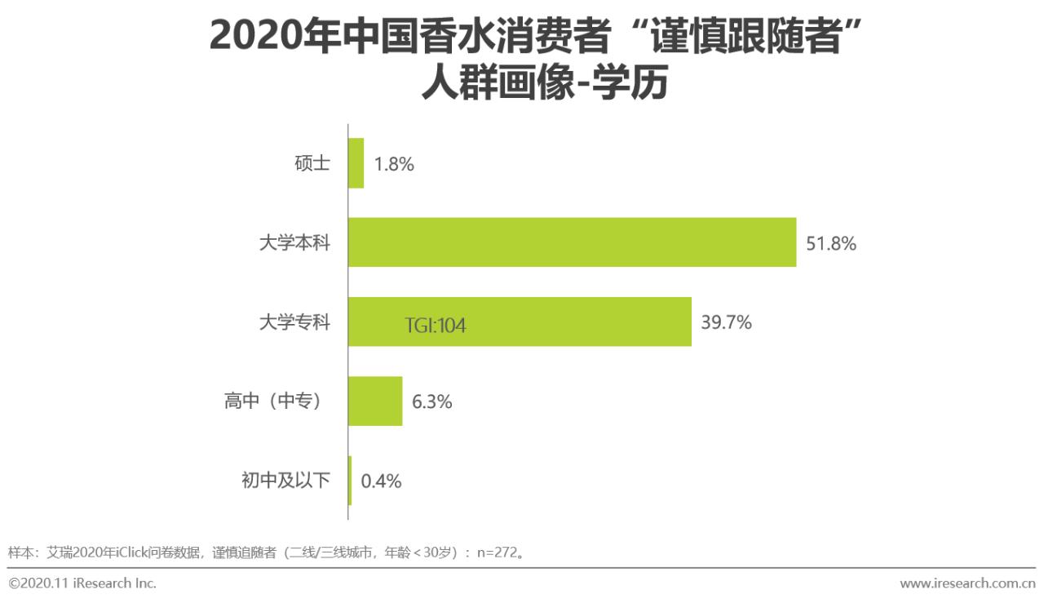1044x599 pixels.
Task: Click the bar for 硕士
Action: point(356,163)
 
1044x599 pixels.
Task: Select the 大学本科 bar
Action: point(572,242)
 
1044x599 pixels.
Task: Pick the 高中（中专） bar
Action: point(375,401)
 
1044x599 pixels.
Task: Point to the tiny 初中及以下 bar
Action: point(350,480)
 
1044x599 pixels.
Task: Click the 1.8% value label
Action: point(394,164)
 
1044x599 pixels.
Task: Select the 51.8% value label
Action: point(831,243)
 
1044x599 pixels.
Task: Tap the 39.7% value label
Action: point(726,322)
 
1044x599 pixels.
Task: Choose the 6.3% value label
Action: point(431,402)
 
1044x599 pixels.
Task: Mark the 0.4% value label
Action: point(381,481)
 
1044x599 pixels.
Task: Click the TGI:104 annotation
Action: point(436,326)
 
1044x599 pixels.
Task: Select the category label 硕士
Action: point(312,163)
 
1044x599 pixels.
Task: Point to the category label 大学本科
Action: point(294,242)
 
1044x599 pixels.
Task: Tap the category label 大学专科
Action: point(294,322)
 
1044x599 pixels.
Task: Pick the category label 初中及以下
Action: point(285,480)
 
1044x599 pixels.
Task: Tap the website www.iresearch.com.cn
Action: point(967,583)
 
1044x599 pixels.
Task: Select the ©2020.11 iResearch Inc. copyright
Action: point(82,583)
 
